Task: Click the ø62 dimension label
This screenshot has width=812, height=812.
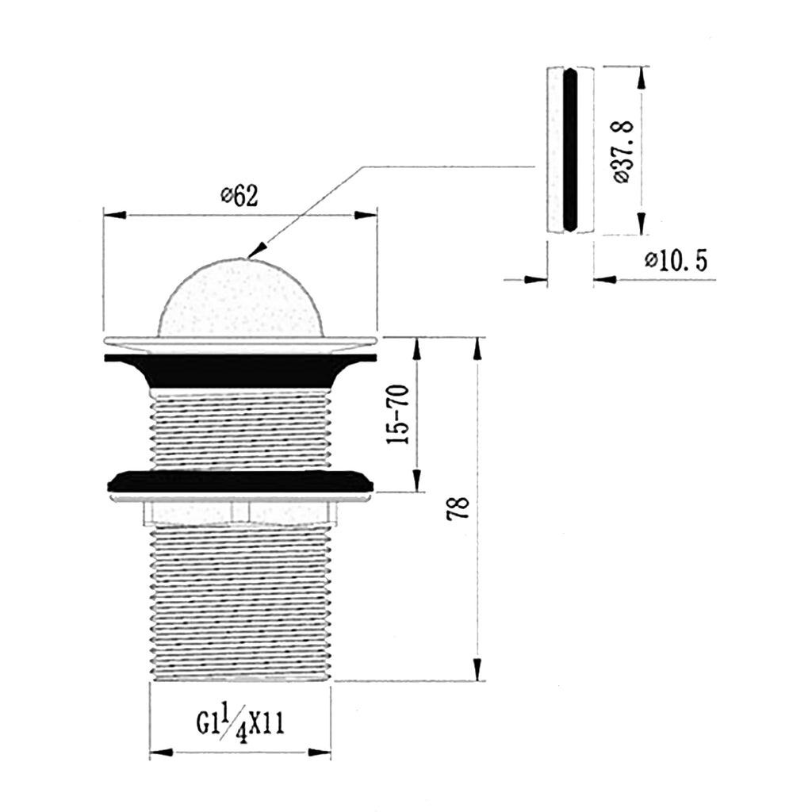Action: coord(239,196)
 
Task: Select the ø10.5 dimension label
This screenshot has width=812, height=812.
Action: coord(676,260)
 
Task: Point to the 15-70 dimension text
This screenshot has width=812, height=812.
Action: coord(398,414)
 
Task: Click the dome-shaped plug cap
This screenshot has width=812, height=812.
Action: coord(240,297)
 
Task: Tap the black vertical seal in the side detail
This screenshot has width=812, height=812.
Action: coord(569,150)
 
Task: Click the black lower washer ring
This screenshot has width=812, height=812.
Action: coord(240,481)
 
